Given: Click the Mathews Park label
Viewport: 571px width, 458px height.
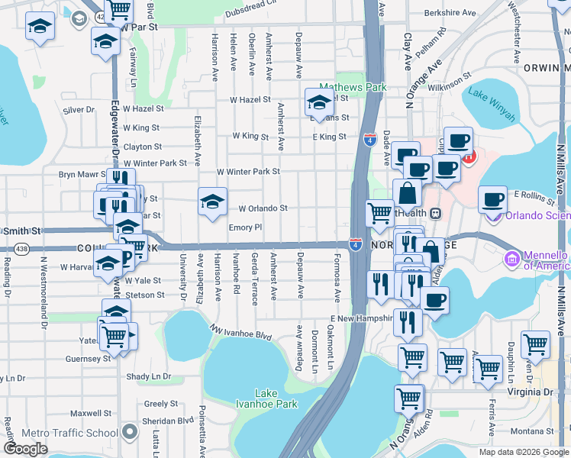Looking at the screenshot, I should [x=353, y=88].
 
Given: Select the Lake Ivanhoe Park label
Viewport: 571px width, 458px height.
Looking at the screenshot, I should [x=266, y=398].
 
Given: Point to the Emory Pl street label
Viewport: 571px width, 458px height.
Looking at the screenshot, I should [x=245, y=227].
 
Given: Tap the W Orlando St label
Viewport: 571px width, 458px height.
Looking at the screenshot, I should [x=263, y=208].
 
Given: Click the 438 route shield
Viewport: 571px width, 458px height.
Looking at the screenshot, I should [x=21, y=249].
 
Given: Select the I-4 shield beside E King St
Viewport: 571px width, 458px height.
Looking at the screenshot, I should [x=369, y=140].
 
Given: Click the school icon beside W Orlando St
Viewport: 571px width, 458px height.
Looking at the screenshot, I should [x=212, y=202].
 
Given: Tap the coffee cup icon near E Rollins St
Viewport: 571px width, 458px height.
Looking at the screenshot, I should [x=492, y=199].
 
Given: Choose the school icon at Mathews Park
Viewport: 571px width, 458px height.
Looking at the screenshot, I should [x=318, y=102].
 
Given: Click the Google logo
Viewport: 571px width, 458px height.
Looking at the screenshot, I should [x=25, y=449].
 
